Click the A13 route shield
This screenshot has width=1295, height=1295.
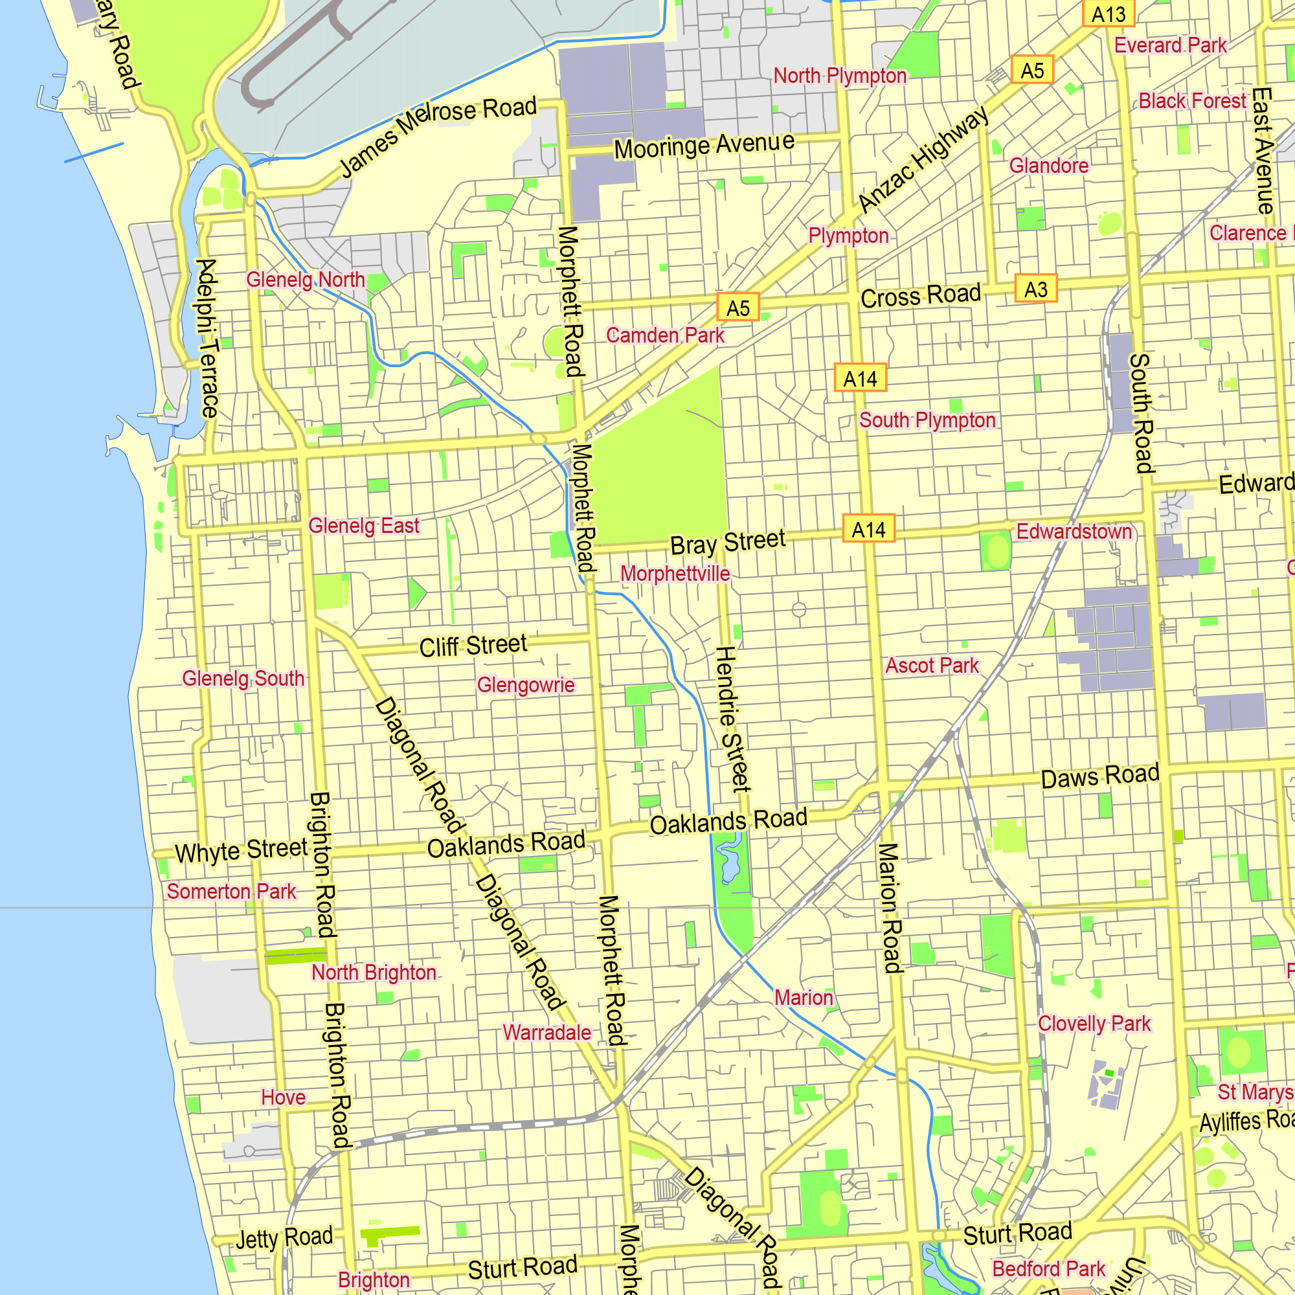pyautogui.click(x=1109, y=14)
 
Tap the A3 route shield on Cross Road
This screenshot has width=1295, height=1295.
pyautogui.click(x=1035, y=289)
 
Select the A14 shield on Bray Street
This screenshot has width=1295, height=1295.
pyautogui.click(x=869, y=530)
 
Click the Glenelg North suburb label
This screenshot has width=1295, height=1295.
pyautogui.click(x=306, y=280)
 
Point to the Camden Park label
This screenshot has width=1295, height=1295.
pyautogui.click(x=665, y=335)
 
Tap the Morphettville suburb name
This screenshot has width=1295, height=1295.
pyautogui.click(x=675, y=573)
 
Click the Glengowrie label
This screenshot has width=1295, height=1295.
pyautogui.click(x=526, y=685)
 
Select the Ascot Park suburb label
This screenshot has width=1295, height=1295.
pyautogui.click(x=932, y=666)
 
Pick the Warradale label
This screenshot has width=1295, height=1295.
pyautogui.click(x=547, y=1032)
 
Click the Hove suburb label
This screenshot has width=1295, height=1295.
pyautogui.click(x=283, y=1098)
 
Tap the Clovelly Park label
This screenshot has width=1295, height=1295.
pyautogui.click(x=1094, y=1024)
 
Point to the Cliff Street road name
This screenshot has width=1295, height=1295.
pyautogui.click(x=473, y=646)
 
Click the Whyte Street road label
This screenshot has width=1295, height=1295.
pyautogui.click(x=242, y=850)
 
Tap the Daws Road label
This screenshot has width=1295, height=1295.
pyautogui.click(x=1100, y=776)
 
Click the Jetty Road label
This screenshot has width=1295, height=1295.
pyautogui.click(x=284, y=1238)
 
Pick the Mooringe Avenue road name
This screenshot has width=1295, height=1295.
pyautogui.click(x=704, y=145)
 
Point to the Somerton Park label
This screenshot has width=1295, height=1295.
pyautogui.click(x=231, y=892)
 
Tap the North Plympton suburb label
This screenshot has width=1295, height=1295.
pyautogui.click(x=840, y=76)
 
